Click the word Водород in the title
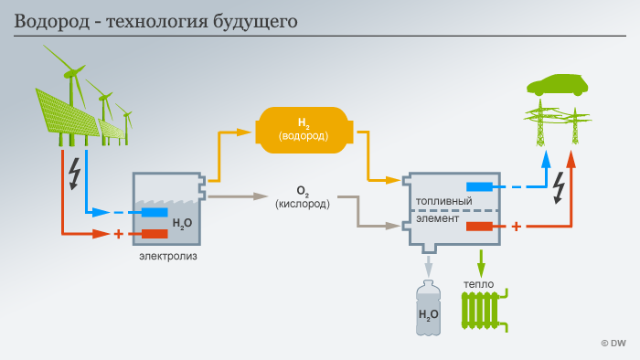[48, 19]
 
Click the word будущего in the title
[255, 20]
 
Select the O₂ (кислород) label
[302, 197]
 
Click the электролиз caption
[168, 257]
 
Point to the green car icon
[557, 86]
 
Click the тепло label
[478, 284]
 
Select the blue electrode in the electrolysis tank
[155, 213]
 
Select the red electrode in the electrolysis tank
[155, 234]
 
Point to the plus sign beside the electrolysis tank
[118, 234]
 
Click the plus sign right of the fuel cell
[516, 226]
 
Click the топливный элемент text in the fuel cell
[443, 209]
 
